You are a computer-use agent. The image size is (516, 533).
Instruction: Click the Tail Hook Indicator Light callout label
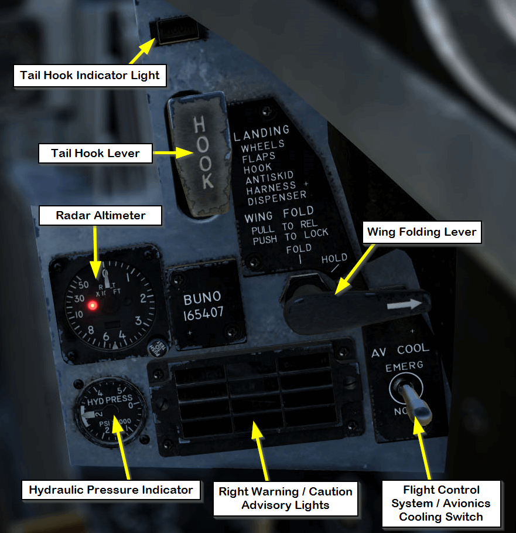tap(90, 75)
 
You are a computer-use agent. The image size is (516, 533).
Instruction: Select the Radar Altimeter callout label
tap(100, 215)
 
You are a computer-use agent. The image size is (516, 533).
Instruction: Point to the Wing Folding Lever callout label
tap(422, 232)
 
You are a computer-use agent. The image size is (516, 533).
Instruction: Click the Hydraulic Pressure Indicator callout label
tap(111, 490)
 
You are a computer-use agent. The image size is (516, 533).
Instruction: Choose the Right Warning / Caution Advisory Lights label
tap(285, 498)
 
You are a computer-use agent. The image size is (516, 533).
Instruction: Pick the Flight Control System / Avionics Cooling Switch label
tap(441, 503)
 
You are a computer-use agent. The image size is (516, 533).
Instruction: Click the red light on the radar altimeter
tap(92, 305)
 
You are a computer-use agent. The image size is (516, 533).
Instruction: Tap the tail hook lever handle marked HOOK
tap(200, 154)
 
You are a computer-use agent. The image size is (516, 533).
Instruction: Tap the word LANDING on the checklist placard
tap(261, 133)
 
